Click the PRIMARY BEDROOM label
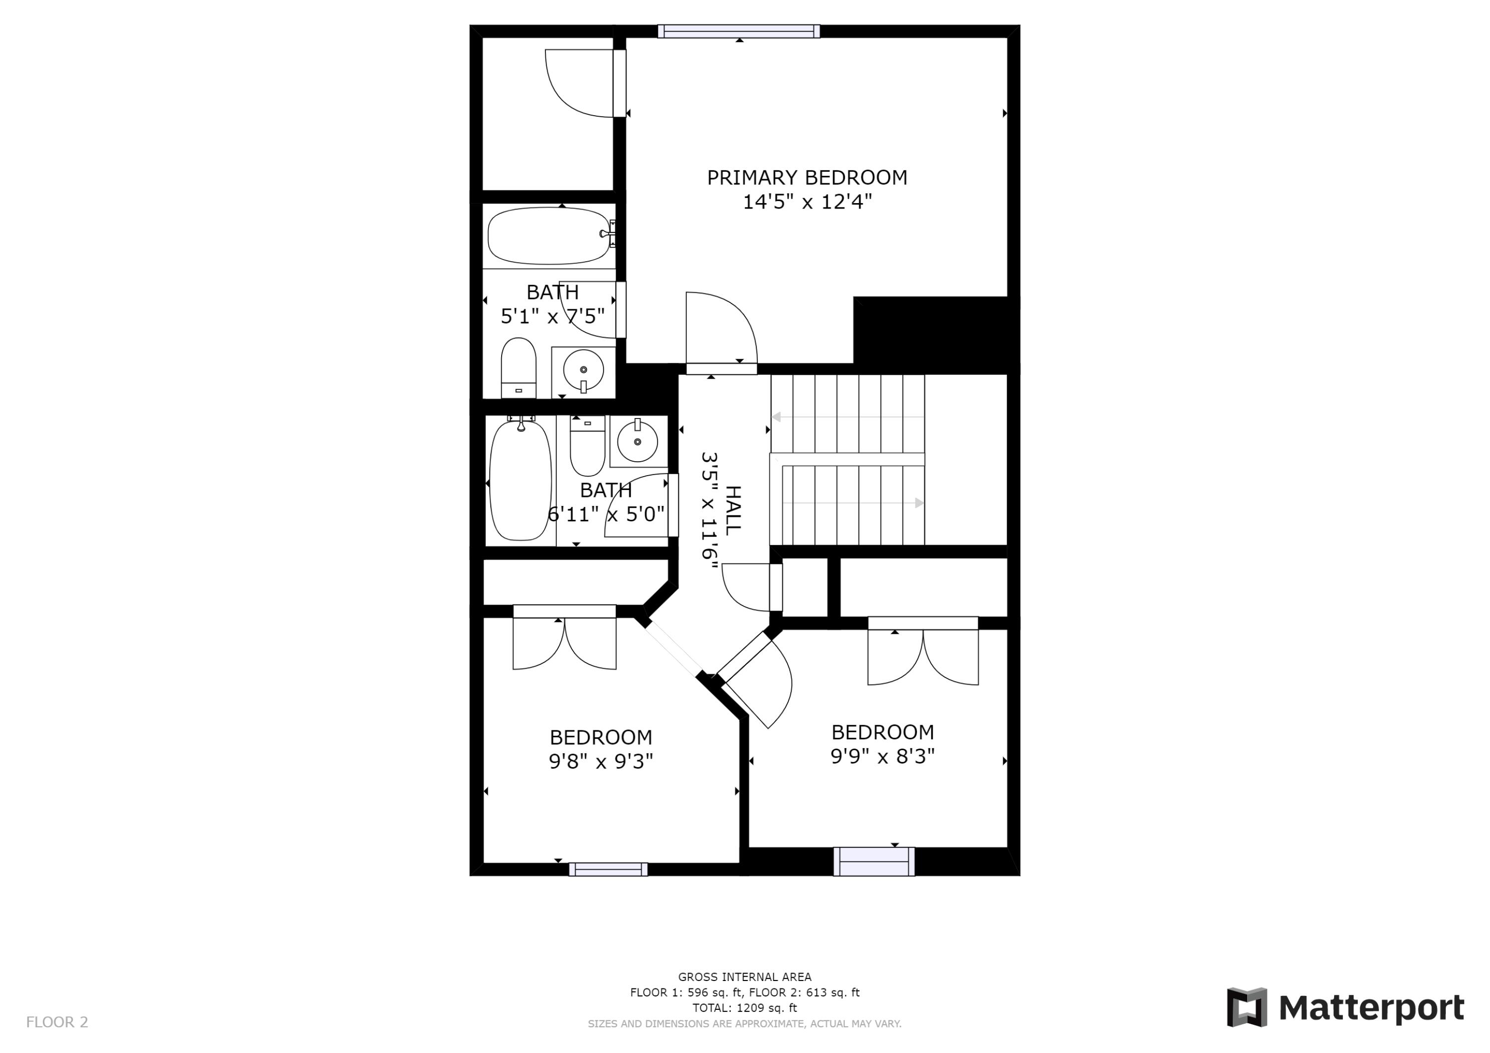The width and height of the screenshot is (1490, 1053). (807, 178)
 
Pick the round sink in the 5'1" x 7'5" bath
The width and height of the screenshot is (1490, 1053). (584, 370)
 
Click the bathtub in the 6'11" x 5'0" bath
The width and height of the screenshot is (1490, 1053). (520, 481)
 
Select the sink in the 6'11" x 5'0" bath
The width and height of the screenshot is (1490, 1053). (637, 441)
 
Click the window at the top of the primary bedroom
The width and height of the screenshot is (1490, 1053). (739, 31)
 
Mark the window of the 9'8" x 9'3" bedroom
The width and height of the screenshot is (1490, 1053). (608, 869)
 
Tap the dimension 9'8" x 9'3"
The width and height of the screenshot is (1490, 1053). (601, 761)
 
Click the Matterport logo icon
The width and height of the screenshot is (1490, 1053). (1247, 1008)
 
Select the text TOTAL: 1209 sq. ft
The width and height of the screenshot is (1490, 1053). (745, 1008)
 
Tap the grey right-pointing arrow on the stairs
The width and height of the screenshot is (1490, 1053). (919, 503)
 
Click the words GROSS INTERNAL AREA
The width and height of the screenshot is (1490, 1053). (745, 977)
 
